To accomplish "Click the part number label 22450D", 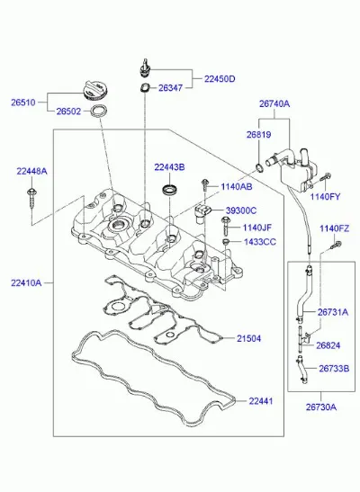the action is pos(220,79).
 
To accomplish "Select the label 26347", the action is pos(170,88).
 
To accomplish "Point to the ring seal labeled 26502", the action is pos(99,112).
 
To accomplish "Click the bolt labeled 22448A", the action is pos(31,198).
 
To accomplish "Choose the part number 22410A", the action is pos(26,283).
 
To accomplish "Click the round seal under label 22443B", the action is pos(170,190).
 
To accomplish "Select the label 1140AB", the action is pos(237,187).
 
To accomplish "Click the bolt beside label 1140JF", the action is pos(226,226).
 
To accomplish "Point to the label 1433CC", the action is pos(260,242).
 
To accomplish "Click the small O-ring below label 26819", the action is pos(259,168).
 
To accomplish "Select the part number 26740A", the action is pos(274,103).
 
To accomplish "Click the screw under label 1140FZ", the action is pos(336,245).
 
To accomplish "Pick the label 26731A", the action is pos(333,312).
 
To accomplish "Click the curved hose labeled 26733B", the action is pos(301,371).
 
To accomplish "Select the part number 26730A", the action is pos(321,407).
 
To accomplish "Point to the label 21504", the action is pos(248,338).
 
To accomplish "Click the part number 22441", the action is pos(261,401).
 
